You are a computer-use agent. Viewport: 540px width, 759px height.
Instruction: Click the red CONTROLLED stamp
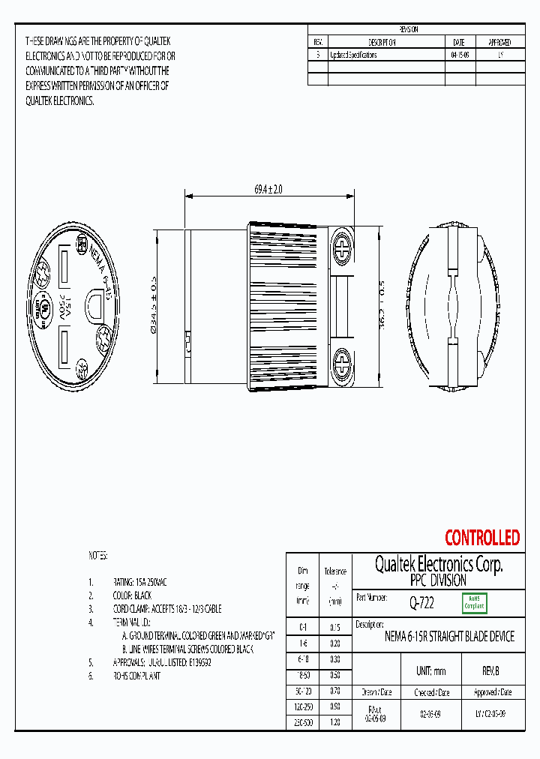(x=481, y=538)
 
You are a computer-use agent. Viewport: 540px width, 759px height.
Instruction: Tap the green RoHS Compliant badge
(x=474, y=602)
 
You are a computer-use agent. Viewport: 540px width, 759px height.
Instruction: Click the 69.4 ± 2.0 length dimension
(x=268, y=190)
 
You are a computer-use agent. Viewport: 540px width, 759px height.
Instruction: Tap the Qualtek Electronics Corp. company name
(x=439, y=565)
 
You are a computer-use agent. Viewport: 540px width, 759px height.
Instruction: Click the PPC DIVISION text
(x=439, y=580)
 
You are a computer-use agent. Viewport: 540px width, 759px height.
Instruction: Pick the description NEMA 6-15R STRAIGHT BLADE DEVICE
(x=449, y=637)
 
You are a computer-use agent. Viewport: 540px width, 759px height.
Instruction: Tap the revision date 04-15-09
(x=460, y=55)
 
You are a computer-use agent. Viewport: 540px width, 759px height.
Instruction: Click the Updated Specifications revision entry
(x=353, y=55)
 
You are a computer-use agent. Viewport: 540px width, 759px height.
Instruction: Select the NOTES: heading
(x=98, y=556)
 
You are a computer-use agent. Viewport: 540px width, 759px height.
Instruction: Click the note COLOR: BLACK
(x=132, y=595)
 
